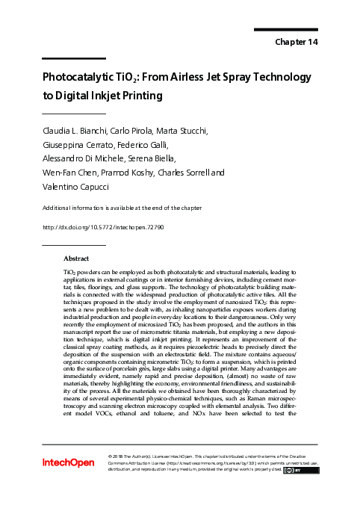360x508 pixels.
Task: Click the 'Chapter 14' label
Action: [297, 43]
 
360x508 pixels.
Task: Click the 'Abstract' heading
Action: [77, 258]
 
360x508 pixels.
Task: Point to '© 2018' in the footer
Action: [120, 455]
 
